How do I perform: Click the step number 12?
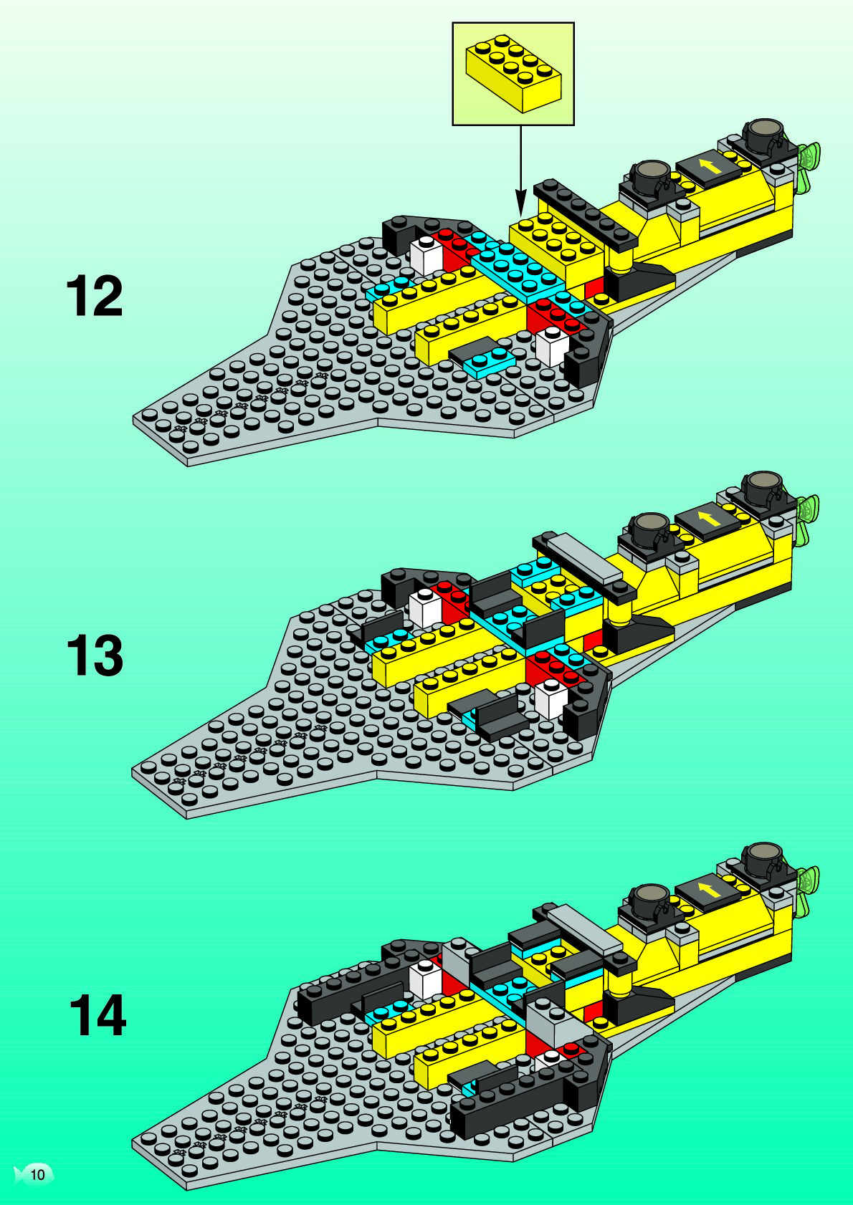(x=95, y=297)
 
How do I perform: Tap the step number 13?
(x=95, y=656)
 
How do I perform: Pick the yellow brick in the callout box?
(x=513, y=75)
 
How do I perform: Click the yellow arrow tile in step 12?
(x=710, y=168)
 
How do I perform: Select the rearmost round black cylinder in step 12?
(x=766, y=134)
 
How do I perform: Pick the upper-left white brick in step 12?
(x=426, y=255)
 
